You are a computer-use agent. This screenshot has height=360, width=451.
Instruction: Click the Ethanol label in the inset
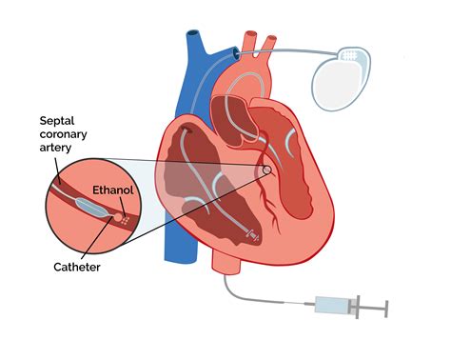pos(113,190)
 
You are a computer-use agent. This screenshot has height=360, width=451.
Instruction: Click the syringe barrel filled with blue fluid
pos(333,306)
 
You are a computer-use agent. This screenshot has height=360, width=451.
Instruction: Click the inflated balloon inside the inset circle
pos(98,203)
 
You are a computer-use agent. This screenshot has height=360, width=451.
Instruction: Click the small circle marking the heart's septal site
pos(267,171)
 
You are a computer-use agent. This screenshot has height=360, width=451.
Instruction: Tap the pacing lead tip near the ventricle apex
pos(250,233)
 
